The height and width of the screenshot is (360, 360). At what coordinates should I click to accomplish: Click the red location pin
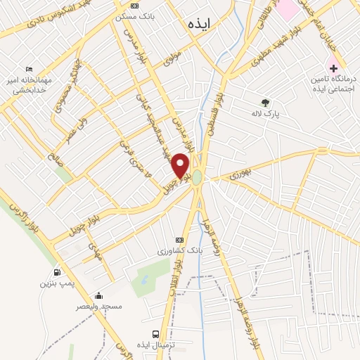tap(181, 166)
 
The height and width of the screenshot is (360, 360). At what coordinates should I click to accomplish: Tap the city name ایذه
tap(200, 24)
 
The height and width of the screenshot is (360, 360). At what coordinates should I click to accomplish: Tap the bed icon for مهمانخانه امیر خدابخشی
tap(29, 69)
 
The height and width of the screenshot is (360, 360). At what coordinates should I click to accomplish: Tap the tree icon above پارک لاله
tap(265, 102)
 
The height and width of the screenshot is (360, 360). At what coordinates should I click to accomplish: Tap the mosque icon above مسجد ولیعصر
tap(98, 295)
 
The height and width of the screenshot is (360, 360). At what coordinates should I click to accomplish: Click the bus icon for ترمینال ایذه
tap(155, 334)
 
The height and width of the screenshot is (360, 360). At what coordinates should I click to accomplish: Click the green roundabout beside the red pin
tap(198, 176)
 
